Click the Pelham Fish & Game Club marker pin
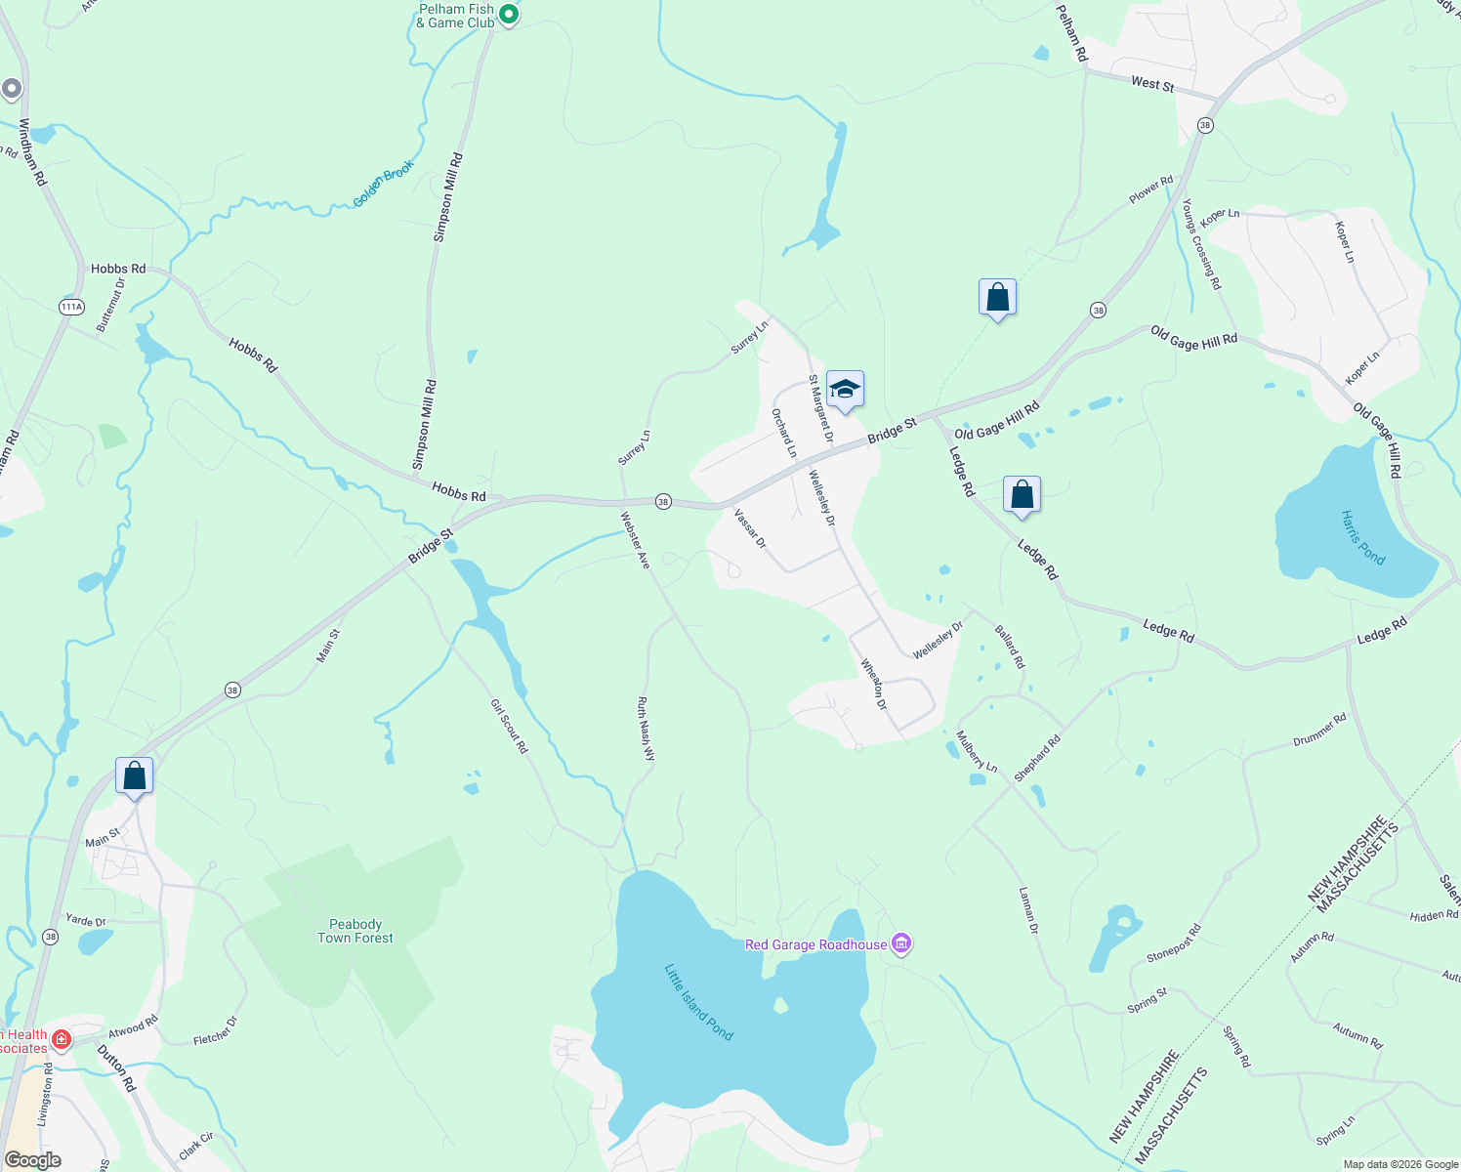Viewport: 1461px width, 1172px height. [508, 15]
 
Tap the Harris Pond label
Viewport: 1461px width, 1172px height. [1362, 537]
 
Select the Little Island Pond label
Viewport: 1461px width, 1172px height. [698, 1002]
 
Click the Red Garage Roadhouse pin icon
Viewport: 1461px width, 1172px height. [901, 944]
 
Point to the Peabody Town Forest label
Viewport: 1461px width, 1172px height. [355, 931]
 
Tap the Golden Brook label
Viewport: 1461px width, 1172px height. [384, 184]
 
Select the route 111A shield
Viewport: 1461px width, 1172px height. [71, 307]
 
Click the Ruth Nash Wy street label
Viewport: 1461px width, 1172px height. [646, 729]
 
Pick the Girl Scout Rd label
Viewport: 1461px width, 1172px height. [509, 726]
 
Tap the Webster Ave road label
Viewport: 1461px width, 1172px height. [636, 540]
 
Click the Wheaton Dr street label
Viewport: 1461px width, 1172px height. [874, 684]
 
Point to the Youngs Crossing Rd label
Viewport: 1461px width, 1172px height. [1201, 244]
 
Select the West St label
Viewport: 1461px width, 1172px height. [1152, 84]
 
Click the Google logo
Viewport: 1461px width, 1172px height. [32, 1160]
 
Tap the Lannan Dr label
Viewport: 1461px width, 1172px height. [1028, 910]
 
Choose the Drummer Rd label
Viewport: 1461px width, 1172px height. [1319, 730]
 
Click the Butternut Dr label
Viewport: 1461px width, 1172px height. [111, 304]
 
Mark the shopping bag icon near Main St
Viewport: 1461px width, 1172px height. [134, 776]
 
